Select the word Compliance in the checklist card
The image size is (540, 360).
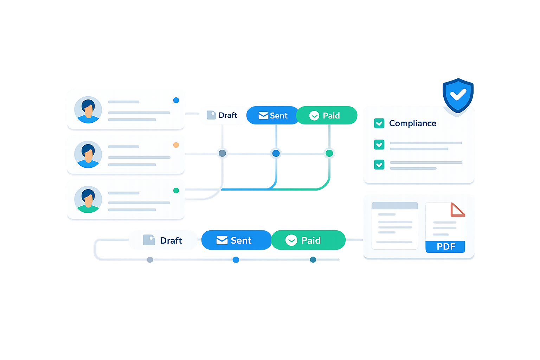(x=412, y=123)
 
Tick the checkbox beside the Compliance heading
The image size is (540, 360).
(x=379, y=123)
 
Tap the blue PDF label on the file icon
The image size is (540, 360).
(x=445, y=246)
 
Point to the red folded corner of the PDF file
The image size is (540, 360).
(x=457, y=210)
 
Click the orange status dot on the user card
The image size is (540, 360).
(x=176, y=145)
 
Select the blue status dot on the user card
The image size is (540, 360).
(x=176, y=100)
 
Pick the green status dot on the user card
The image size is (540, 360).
(x=176, y=191)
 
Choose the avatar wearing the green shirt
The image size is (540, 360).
(x=88, y=199)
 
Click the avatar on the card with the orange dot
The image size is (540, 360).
(x=88, y=154)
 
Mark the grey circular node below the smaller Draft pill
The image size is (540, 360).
(x=222, y=153)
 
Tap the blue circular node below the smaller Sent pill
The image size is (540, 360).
(x=276, y=153)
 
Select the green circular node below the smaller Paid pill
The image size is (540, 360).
(x=329, y=153)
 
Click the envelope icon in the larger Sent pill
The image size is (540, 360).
(x=222, y=240)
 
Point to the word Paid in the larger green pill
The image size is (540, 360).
(x=311, y=240)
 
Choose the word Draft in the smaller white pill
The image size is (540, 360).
(x=228, y=115)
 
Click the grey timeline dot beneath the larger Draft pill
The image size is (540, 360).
(x=150, y=260)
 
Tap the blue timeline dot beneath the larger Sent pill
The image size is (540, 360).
(x=236, y=260)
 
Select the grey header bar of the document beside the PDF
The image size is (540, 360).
(x=394, y=206)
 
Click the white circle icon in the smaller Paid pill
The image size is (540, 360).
(x=314, y=116)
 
